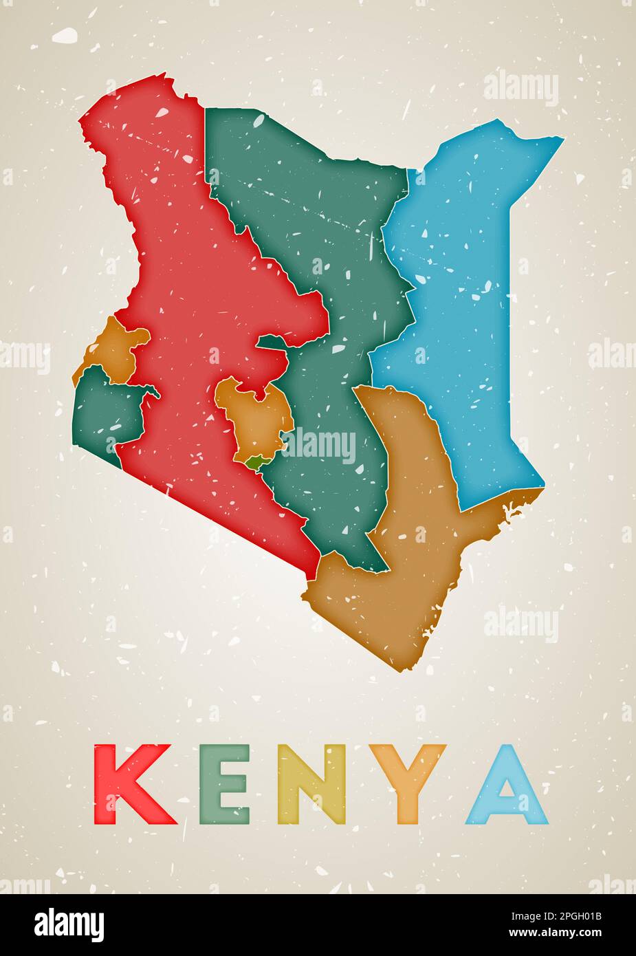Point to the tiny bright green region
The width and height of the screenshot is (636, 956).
255,464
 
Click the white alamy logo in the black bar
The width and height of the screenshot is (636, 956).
69,924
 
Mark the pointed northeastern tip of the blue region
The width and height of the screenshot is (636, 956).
562,139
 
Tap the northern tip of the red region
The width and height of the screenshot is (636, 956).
165,79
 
